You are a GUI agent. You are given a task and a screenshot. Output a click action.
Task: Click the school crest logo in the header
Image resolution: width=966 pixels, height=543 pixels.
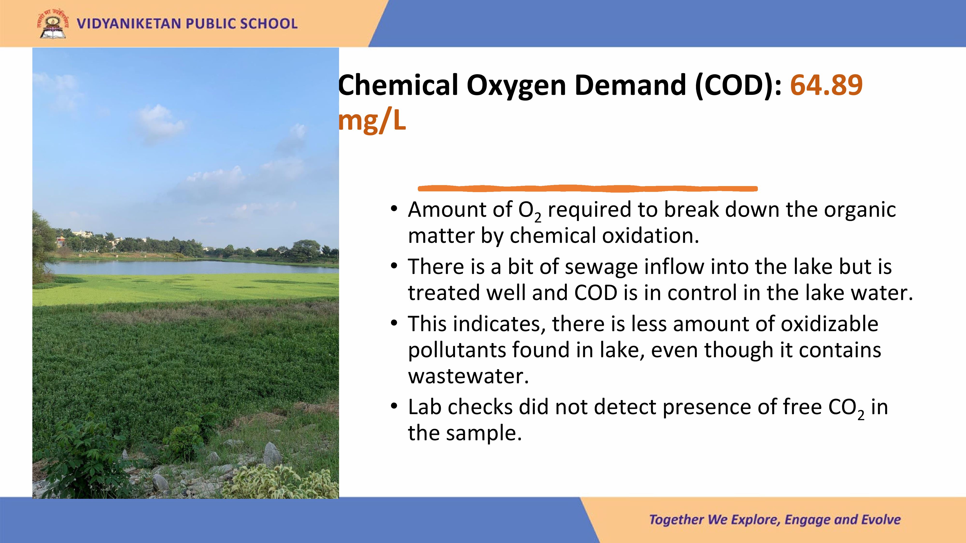[x=53, y=23]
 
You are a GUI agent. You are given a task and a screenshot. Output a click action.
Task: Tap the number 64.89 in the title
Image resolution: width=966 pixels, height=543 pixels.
[x=826, y=85]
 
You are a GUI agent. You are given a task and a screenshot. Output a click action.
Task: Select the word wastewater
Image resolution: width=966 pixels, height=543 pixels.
[x=468, y=376]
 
